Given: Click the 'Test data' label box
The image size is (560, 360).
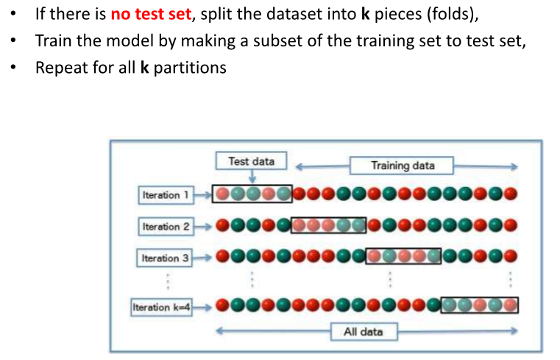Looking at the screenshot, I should (251, 161).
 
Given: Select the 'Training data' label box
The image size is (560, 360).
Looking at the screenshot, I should (402, 166).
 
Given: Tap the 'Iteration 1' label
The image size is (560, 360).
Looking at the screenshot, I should (166, 195).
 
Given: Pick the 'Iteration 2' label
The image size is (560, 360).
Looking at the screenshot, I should (166, 227).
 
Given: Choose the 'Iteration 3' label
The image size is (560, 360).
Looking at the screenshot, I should (166, 258).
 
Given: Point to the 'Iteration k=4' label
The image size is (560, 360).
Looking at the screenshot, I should (161, 307).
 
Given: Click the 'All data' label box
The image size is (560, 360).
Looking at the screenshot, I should (363, 331).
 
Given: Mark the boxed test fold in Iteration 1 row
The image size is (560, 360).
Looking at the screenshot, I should (252, 194).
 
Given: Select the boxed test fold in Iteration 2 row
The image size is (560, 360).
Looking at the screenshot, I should (328, 226).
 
